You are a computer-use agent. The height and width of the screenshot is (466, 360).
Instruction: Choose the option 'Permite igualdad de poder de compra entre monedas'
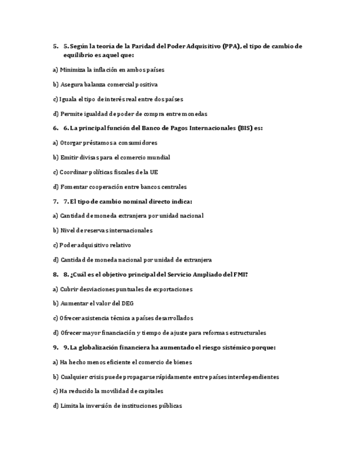point(130,114)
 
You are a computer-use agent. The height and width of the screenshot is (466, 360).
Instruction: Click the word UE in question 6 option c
point(153,172)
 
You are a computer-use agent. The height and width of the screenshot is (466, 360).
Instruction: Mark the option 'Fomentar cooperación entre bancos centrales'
point(120,187)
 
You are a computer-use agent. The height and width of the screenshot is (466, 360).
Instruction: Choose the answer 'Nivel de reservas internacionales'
point(103,230)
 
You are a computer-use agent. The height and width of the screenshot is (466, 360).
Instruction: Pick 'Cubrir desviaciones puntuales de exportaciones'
point(123,289)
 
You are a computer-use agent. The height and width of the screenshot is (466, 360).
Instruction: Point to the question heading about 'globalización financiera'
point(168,347)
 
